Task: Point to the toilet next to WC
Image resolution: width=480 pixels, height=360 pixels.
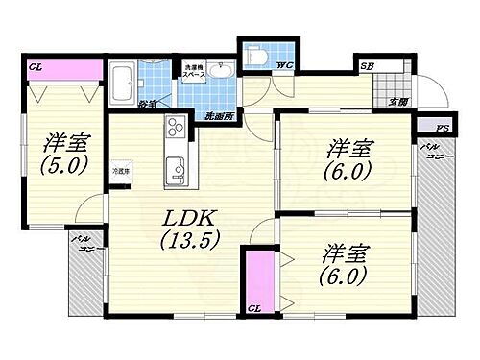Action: (255, 56)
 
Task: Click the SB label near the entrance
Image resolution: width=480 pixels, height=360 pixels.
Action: (368, 65)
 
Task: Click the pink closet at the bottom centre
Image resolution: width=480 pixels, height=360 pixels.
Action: (256, 278)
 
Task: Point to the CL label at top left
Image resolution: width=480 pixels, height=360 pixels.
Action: (35, 67)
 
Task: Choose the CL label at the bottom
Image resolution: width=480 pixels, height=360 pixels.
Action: (255, 309)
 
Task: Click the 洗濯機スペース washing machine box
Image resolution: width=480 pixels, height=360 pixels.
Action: (197, 73)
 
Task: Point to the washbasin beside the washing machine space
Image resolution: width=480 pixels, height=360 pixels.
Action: (222, 74)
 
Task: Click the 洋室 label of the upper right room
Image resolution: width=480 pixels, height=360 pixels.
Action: (348, 148)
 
